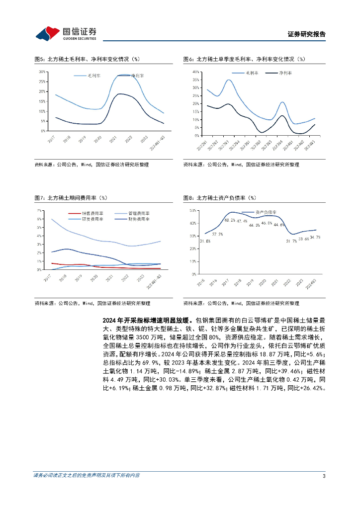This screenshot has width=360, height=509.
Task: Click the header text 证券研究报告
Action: coord(307,35)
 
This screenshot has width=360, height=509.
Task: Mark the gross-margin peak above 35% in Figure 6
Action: coord(229,80)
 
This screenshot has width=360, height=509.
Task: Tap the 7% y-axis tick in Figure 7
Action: coord(39,211)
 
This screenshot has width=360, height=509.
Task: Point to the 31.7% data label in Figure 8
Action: coord(291,241)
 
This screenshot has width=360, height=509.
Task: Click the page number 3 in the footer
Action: coord(324,476)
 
